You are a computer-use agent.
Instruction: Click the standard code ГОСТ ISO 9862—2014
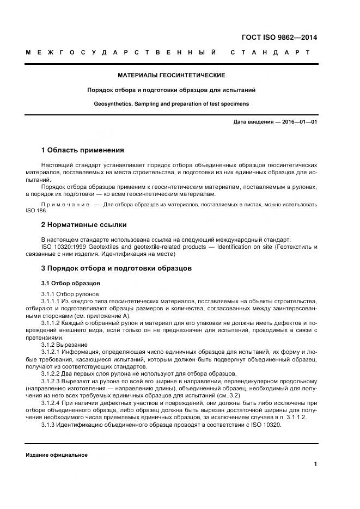click(279, 38)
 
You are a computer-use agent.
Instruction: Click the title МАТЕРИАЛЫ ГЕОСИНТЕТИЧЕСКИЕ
click(172, 75)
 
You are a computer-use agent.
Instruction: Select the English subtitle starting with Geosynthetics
click(172, 102)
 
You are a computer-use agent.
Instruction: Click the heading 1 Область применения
click(83, 150)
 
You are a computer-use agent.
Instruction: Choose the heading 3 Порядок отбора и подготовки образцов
click(116, 269)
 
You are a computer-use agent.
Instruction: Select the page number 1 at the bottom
click(315, 464)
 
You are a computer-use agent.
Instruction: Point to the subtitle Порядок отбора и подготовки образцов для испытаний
click(172, 89)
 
